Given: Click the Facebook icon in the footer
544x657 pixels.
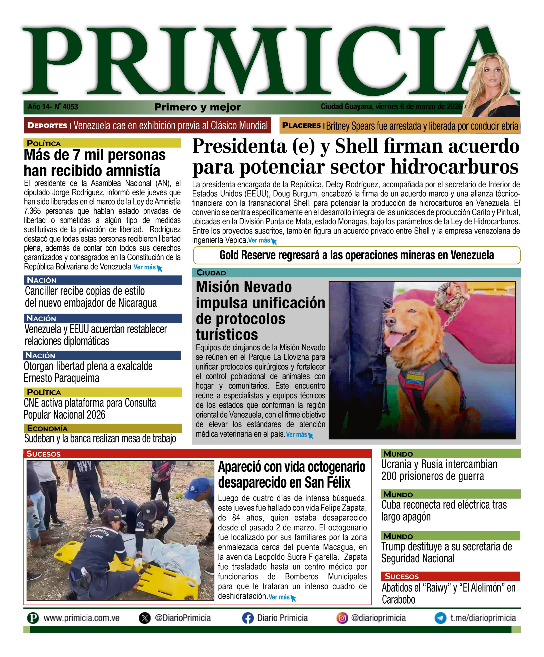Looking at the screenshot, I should [x=248, y=618].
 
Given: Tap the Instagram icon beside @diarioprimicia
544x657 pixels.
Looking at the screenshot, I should [x=342, y=618].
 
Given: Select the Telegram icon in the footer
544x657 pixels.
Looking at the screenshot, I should [x=440, y=618].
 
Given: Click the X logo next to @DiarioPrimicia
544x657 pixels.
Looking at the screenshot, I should [x=144, y=618].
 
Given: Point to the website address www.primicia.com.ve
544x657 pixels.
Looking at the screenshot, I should [x=81, y=618].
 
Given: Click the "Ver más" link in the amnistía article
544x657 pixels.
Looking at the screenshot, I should [x=145, y=267].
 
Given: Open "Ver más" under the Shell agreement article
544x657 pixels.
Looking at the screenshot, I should [x=259, y=240].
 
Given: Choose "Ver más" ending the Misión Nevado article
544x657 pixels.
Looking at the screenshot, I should [x=296, y=434].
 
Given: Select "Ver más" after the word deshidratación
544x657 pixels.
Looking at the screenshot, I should [x=279, y=597].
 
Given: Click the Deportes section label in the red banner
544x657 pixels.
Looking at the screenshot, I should [x=47, y=125].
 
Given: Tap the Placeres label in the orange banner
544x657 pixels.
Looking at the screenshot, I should [x=301, y=125].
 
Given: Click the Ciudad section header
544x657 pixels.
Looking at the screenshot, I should [x=211, y=273].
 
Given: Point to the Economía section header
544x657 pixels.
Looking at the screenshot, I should [x=47, y=428].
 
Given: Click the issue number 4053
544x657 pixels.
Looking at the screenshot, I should [x=70, y=107].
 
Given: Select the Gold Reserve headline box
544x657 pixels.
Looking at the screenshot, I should [x=357, y=255].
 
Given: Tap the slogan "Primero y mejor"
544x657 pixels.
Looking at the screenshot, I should [x=197, y=107].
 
